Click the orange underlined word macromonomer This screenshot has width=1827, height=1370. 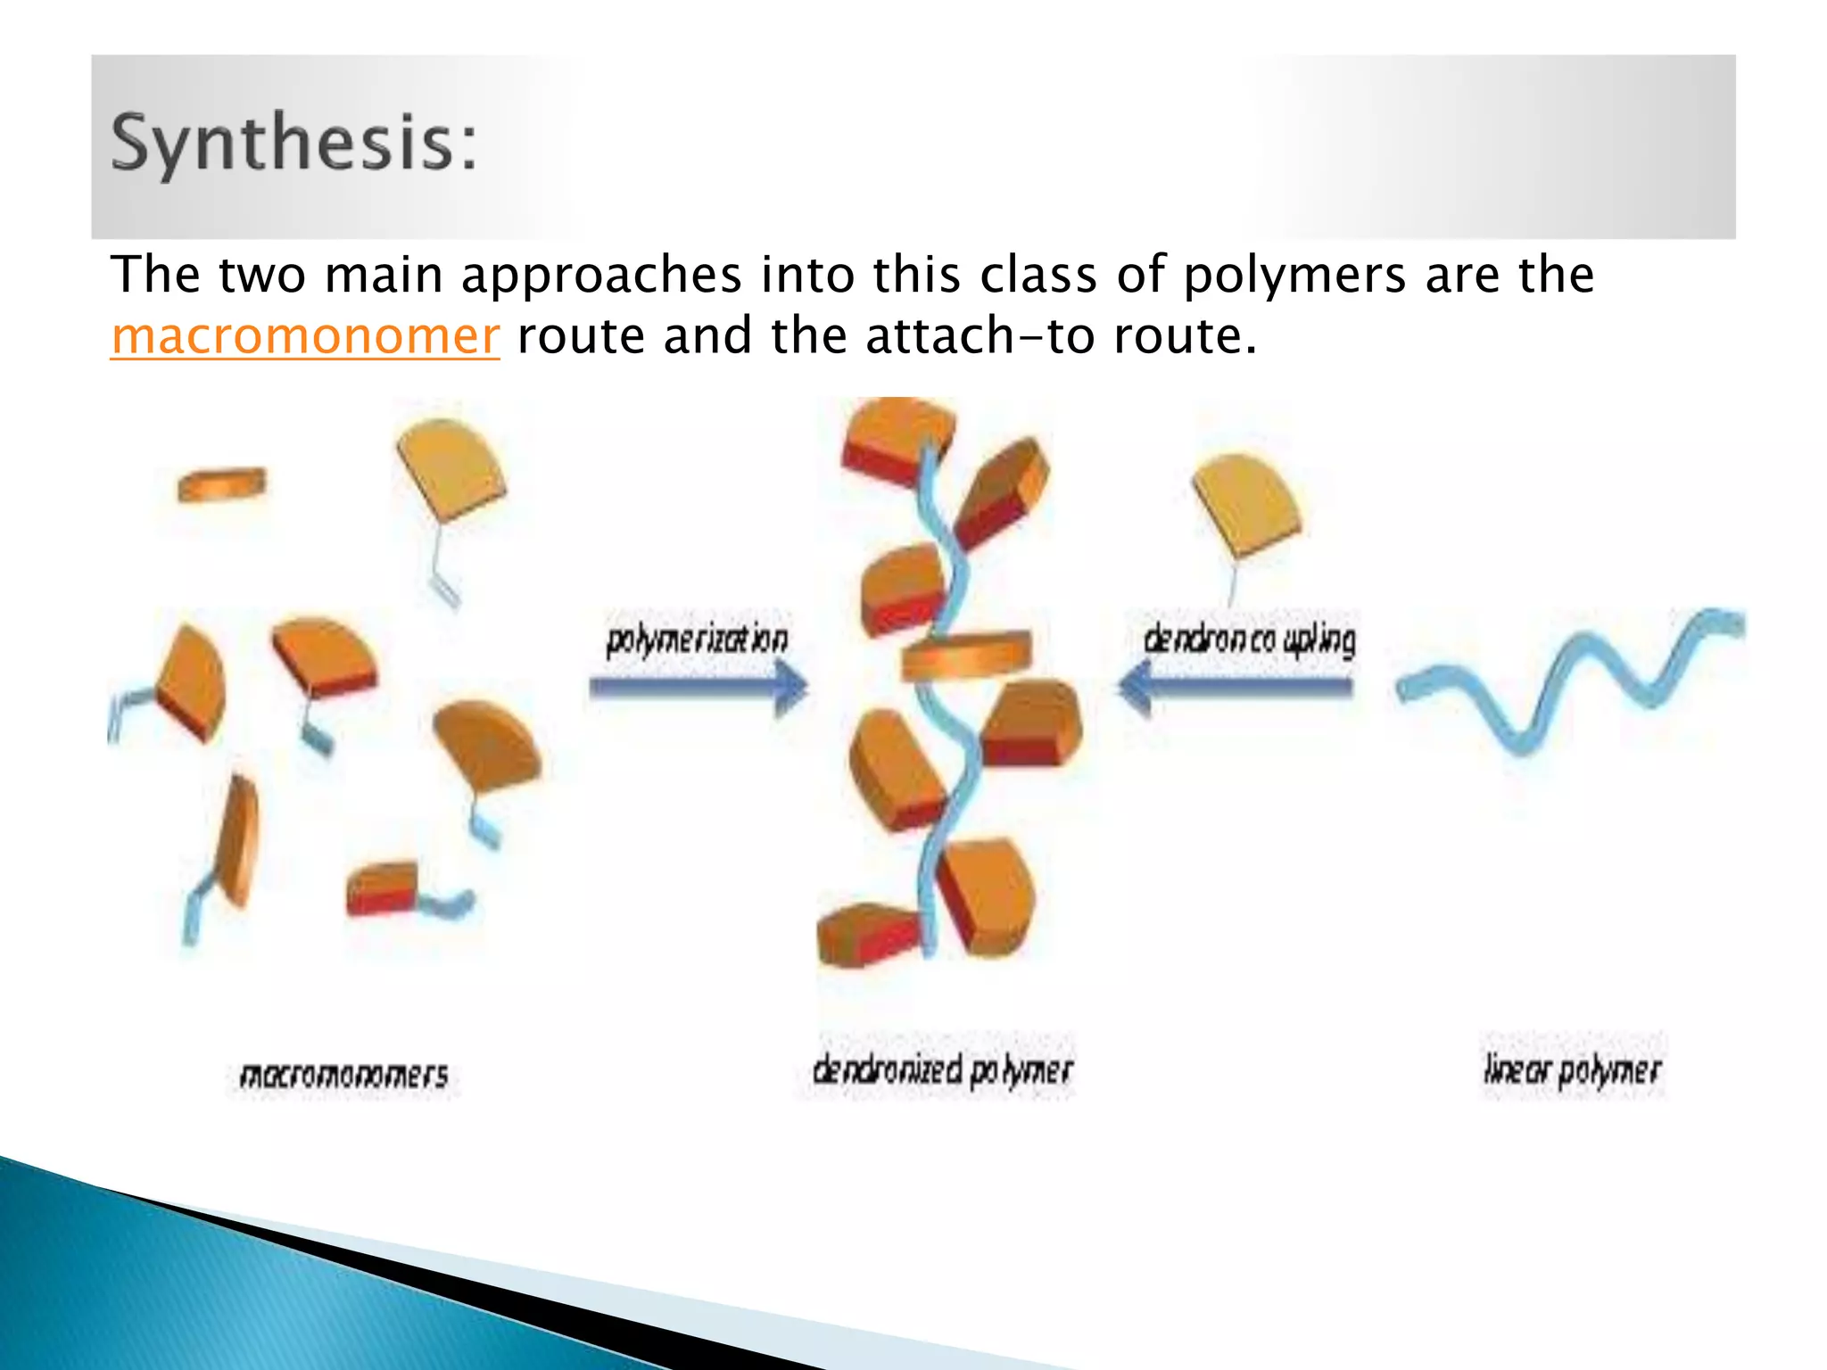305,337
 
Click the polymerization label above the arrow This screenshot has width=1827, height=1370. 697,639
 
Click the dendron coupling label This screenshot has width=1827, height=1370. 1249,639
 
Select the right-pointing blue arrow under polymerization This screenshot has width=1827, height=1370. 699,688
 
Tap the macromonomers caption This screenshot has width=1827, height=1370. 344,1074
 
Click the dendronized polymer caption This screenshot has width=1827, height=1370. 942,1069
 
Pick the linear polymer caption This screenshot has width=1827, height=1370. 1572,1069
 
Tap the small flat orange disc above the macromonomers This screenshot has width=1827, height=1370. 221,484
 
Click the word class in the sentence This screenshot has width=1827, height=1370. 1038,275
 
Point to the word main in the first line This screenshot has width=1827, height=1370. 384,275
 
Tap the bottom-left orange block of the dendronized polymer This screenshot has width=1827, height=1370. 868,934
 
